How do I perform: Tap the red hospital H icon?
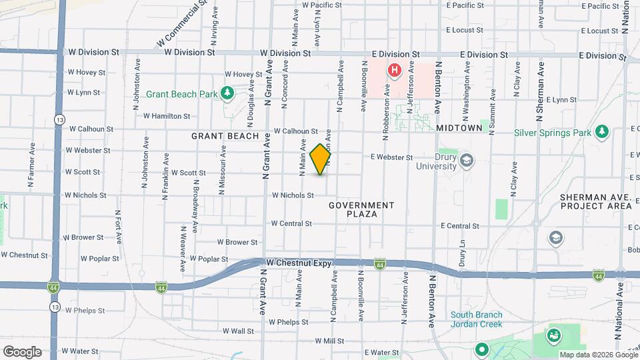click(x=394, y=69)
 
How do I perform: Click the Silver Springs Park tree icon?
click(x=602, y=131)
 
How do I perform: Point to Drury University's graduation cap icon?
click(x=466, y=160)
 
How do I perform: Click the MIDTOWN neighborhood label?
click(x=459, y=127)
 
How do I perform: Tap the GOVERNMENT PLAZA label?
click(x=362, y=209)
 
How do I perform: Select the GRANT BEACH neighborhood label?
click(x=225, y=136)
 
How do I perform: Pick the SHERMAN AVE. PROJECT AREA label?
click(x=596, y=201)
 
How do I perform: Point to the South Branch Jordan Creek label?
click(x=479, y=320)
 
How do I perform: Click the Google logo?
click(x=22, y=351)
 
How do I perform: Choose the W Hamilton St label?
click(x=167, y=116)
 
